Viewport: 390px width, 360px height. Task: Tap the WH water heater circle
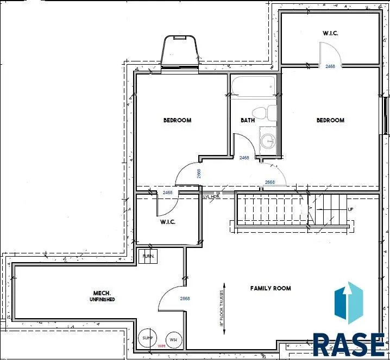[173, 340]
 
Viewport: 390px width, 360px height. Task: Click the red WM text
[161, 346]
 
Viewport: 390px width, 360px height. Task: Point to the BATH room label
[248, 120]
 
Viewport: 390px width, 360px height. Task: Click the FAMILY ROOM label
[270, 288]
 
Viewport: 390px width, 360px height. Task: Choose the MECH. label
[102, 293]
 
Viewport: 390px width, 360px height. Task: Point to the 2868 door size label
[185, 299]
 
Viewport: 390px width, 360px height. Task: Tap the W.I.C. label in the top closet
[330, 33]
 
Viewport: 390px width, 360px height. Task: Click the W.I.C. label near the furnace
[167, 222]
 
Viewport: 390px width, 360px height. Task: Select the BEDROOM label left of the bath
[177, 120]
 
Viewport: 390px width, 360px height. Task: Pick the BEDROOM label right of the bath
[330, 120]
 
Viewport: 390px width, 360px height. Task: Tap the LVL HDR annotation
[211, 196]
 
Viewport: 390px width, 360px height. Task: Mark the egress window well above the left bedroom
[180, 52]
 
